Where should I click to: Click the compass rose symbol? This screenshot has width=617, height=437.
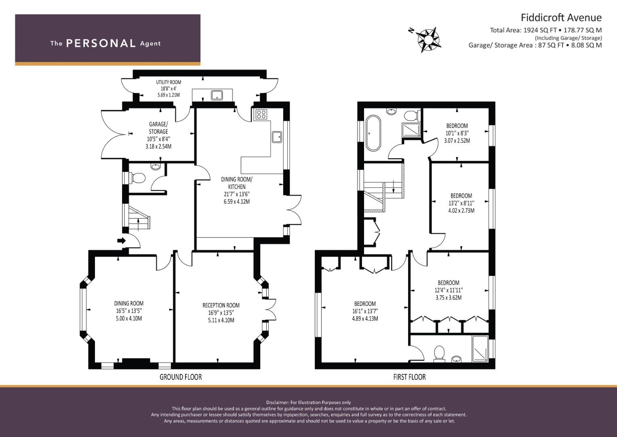[x=427, y=39]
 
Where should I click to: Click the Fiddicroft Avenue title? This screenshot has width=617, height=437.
[x=561, y=17]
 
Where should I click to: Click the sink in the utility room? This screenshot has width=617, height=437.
[x=217, y=95]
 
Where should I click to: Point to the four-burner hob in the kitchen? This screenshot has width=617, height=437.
[x=261, y=114]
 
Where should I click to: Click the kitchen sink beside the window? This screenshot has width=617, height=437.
[x=277, y=137]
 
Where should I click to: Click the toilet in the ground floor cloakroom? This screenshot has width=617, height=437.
[x=138, y=178]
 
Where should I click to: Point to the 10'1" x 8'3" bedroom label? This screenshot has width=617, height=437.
[x=457, y=133]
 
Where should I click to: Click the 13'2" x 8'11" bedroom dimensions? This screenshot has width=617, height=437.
[x=461, y=203]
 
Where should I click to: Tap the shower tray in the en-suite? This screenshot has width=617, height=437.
[x=480, y=348]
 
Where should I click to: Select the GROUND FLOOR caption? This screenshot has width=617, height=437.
[x=181, y=377]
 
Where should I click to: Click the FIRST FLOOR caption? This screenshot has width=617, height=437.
[x=409, y=377]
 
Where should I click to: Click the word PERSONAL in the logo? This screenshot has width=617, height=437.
[x=101, y=43]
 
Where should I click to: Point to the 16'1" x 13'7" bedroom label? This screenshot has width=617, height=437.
[x=365, y=311]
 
